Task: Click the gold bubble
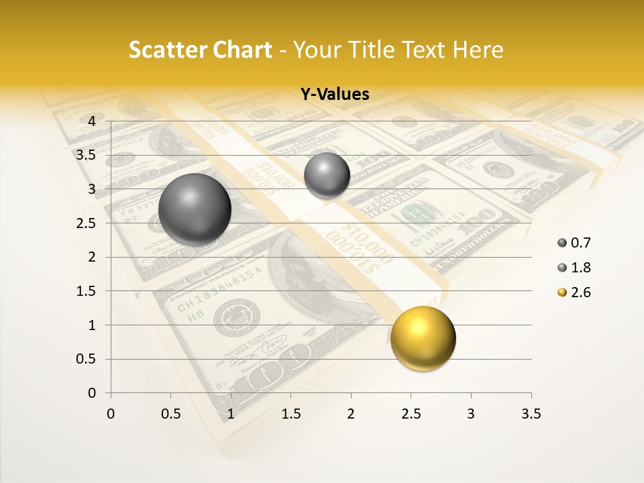[423, 338]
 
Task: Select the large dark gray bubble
[195, 209]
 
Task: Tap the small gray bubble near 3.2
[327, 175]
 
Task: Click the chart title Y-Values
[335, 95]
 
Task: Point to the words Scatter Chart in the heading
[201, 50]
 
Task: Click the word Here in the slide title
[478, 50]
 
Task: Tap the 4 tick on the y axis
[92, 121]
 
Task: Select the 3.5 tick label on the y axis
[85, 155]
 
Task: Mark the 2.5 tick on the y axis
[85, 223]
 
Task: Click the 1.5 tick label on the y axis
[85, 291]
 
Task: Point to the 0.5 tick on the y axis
[85, 359]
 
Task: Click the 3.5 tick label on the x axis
[531, 414]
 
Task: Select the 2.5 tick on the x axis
[411, 414]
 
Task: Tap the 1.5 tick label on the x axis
[290, 414]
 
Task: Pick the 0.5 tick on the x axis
[171, 414]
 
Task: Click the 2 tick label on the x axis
[351, 414]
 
